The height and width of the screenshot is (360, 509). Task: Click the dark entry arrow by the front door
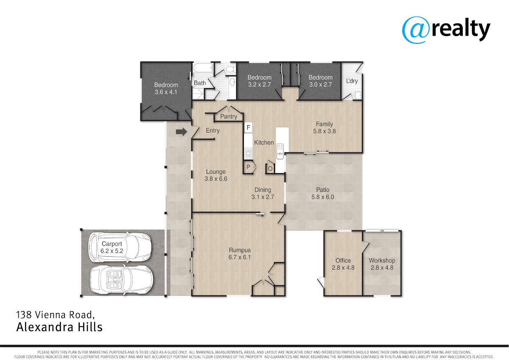[182, 132]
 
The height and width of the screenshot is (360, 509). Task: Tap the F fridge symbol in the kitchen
[249, 127]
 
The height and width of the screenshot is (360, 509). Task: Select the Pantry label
[229, 116]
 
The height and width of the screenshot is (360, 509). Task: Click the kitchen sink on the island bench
[280, 151]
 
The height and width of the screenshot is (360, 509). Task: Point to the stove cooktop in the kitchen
[248, 153]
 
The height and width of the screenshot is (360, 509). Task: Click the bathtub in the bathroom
[203, 67]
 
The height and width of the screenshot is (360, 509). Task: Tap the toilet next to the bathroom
[231, 69]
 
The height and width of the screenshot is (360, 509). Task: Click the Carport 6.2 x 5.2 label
[112, 247]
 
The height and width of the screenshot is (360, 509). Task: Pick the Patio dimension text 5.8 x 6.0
[323, 197]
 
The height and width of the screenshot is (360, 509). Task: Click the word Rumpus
[240, 250]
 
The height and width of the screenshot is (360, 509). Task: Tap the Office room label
[343, 260]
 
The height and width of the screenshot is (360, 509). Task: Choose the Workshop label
[382, 261]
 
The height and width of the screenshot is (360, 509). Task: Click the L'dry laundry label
[352, 81]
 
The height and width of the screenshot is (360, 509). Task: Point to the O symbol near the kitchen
[270, 169]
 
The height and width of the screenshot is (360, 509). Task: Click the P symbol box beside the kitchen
[249, 167]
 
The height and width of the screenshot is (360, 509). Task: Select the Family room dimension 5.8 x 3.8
[324, 131]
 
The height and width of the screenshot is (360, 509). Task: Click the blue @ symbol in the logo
[416, 30]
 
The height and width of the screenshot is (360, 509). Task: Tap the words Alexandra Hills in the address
[59, 327]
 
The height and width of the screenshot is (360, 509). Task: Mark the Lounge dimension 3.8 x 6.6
[215, 179]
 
